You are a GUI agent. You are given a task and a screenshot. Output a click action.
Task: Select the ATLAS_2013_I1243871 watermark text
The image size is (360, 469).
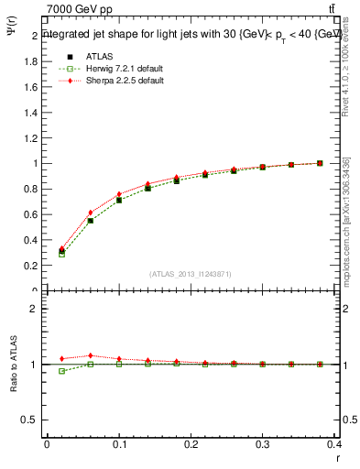(191, 274)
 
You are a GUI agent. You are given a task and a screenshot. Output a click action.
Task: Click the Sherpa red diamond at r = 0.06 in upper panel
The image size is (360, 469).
(90, 213)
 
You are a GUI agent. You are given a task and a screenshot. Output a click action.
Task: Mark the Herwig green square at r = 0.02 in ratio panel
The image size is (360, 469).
(61, 371)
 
